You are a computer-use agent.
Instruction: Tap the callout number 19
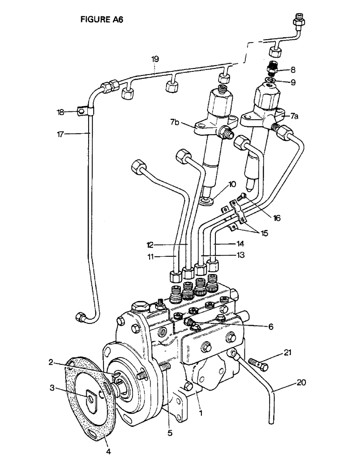coord(155,59)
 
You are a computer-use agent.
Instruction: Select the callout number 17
coord(60,133)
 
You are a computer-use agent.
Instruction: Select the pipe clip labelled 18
coord(84,111)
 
